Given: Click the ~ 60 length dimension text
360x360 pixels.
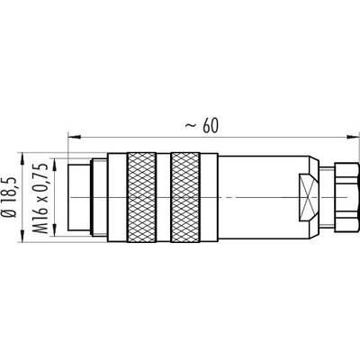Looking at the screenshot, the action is tap(202, 126).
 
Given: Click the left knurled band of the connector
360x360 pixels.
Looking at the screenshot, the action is tap(142, 197).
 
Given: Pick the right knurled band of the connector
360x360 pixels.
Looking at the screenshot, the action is tap(185, 197).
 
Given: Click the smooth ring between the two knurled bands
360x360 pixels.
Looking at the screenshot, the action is tap(164, 197).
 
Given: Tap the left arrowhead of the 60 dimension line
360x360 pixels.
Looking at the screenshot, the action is tap(75, 137).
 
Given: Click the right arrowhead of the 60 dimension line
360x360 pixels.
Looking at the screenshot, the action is tap(353, 137).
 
